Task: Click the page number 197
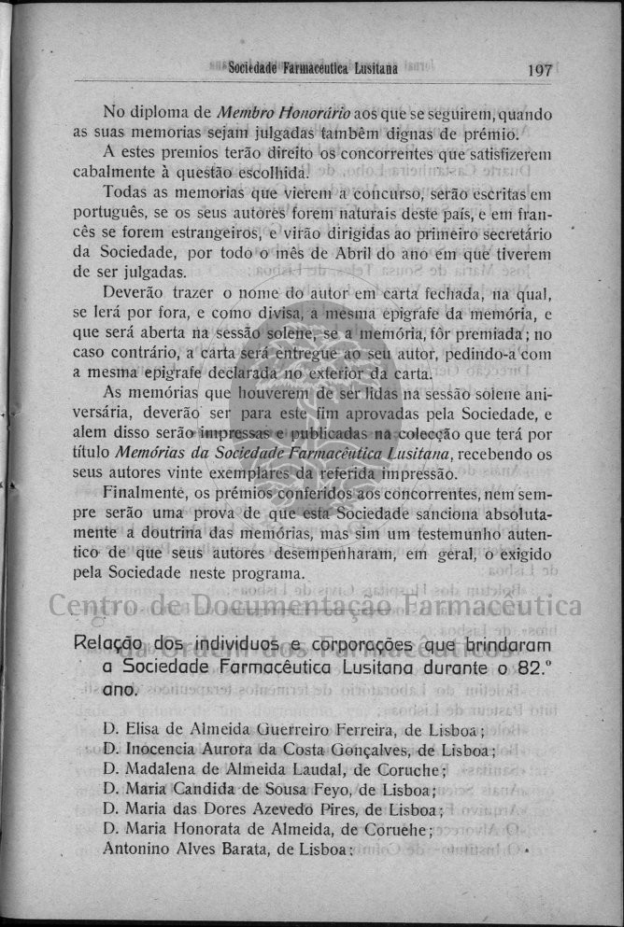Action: (x=540, y=70)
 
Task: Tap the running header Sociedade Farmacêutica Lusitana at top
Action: (x=313, y=69)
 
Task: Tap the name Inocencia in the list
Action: (x=164, y=750)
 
